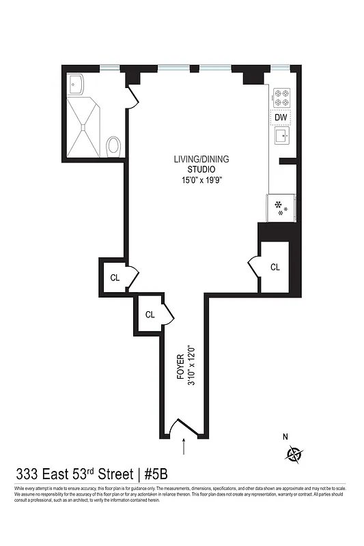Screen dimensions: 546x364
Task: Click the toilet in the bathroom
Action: pos(113,145)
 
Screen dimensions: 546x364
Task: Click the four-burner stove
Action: pos(281,98)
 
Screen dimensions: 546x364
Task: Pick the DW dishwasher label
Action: pos(281,117)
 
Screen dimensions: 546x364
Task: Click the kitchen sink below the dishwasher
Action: pos(281,136)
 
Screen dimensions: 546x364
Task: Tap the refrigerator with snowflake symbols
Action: pos(281,207)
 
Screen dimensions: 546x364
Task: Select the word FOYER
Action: pos(180,367)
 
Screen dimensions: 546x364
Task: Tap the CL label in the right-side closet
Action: pos(275,267)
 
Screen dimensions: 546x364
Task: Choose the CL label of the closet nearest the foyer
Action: pos(150,315)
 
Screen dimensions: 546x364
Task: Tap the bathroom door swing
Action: pos(132,97)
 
